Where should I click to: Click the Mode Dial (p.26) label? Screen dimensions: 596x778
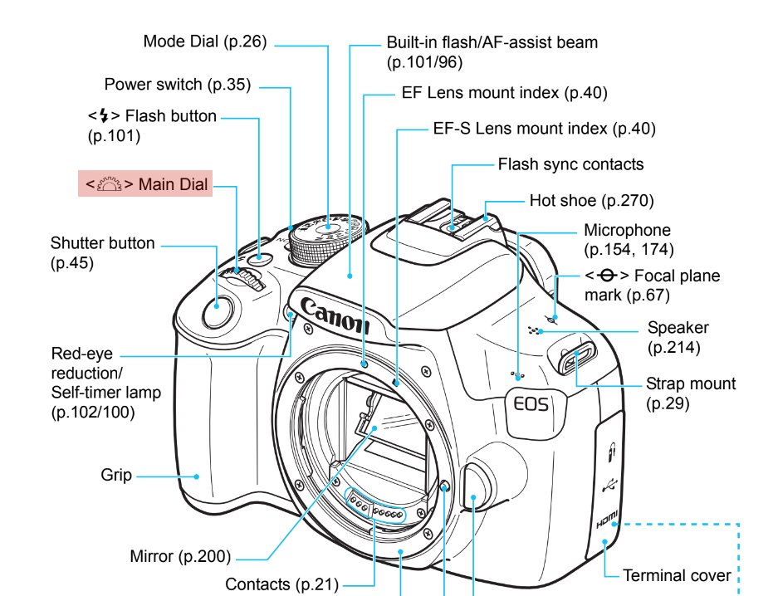point(205,42)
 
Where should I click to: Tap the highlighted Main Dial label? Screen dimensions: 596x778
point(145,184)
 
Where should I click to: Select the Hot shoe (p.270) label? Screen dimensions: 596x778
point(591,200)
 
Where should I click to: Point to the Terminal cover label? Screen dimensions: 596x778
point(677,575)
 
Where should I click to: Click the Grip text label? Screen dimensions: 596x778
point(116,476)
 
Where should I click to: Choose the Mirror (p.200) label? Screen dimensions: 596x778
point(180,555)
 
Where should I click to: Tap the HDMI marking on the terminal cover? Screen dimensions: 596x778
point(607,523)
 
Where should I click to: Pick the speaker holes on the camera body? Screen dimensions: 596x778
point(535,330)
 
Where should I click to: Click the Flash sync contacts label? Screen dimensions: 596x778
point(570,164)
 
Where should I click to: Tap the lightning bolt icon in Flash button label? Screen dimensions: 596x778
point(104,116)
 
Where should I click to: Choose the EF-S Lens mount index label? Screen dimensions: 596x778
point(544,129)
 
